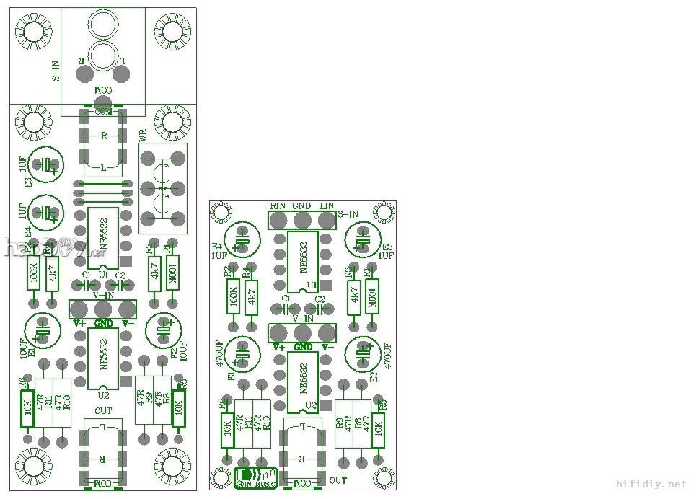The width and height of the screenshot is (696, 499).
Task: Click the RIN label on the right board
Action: [x=278, y=206]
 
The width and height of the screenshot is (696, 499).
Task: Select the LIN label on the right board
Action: [x=327, y=206]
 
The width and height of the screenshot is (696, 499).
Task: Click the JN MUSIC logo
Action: [x=257, y=478]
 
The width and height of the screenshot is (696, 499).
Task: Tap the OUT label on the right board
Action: [x=338, y=480]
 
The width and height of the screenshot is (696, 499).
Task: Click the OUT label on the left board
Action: [x=103, y=410]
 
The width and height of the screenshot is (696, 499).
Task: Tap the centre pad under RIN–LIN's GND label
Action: [x=302, y=220]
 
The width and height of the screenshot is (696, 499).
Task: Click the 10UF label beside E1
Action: [x=24, y=348]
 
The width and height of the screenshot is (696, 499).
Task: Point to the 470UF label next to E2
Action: [x=387, y=356]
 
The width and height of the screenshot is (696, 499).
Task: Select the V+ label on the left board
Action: [x=79, y=324]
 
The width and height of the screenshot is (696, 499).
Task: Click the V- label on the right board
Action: [x=327, y=347]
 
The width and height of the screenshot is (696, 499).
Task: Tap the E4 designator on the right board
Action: [x=217, y=246]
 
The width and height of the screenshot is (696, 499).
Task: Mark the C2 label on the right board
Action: [x=320, y=298]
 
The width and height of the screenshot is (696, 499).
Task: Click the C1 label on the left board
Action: [x=87, y=275]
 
